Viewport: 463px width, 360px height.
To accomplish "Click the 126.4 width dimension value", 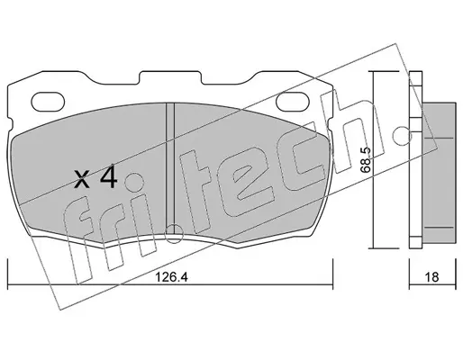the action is point(171,277).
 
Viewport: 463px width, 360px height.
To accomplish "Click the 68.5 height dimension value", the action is point(366,160).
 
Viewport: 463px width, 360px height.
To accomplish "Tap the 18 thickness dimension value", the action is point(431,277).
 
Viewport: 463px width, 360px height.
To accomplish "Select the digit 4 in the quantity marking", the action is point(108,178).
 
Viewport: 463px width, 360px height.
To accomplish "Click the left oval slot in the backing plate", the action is point(49,101).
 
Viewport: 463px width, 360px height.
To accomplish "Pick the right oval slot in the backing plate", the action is point(293,101).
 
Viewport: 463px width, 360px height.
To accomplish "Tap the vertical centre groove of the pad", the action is point(170,168).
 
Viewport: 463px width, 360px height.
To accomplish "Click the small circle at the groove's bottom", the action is point(174,234).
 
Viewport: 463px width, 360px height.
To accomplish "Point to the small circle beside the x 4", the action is point(134,182).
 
